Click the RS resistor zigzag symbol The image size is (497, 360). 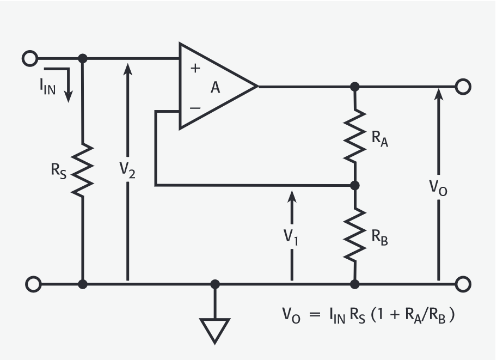coord(83,170)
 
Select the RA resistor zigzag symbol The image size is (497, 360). coord(354,135)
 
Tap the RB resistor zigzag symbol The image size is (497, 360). coord(354,233)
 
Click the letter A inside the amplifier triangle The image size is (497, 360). coord(216,87)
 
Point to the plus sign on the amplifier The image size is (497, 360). coord(195,68)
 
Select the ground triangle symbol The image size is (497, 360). coord(215,328)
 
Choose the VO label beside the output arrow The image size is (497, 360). coord(439,189)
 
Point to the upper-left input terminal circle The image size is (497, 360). coord(30,58)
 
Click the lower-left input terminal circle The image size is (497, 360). coord(33,284)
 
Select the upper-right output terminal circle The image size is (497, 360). coord(463,86)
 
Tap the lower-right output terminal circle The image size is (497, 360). coord(463,284)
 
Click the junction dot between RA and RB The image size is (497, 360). coord(354,186)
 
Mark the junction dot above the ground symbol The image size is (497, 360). coord(215,284)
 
